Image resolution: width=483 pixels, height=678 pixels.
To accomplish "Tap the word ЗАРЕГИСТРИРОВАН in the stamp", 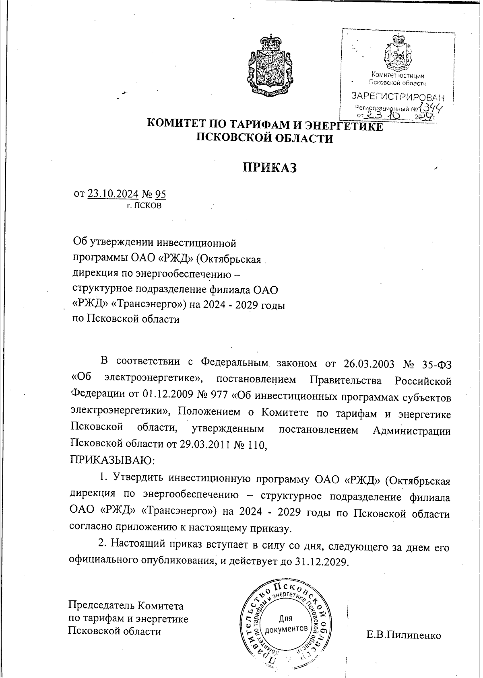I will click(x=398, y=97).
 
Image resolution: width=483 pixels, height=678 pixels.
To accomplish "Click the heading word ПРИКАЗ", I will click(x=269, y=168).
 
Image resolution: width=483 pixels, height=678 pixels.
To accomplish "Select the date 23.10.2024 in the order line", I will click(x=113, y=194).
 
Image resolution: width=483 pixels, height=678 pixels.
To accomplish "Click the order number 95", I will click(x=160, y=194).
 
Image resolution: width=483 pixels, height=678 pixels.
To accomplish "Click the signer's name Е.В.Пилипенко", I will click(x=404, y=635).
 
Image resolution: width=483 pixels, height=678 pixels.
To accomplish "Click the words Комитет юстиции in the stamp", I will click(x=397, y=76).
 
